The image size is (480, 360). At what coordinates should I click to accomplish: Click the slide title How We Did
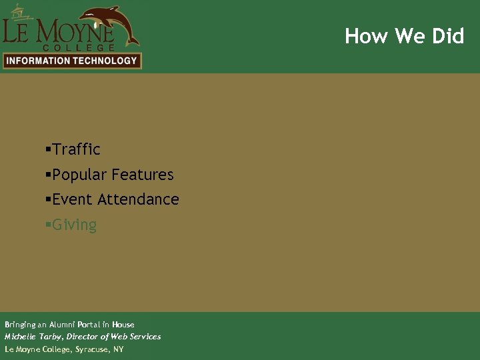(x=404, y=36)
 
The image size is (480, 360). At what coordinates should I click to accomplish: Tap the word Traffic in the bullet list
(x=76, y=149)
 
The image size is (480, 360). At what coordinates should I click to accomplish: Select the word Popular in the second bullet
(x=79, y=175)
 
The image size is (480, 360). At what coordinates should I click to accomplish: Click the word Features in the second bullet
(x=143, y=175)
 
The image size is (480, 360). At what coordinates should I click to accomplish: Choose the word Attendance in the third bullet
(x=138, y=199)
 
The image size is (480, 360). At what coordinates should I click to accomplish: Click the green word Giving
(x=74, y=225)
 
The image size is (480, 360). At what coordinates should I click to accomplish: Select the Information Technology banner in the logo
(x=71, y=61)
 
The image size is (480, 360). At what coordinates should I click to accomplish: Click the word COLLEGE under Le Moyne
(x=79, y=47)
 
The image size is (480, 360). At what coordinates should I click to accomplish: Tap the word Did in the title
(x=448, y=36)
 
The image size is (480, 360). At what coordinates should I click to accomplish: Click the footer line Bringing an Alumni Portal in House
(x=69, y=325)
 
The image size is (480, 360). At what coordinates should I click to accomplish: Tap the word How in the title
(x=361, y=36)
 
